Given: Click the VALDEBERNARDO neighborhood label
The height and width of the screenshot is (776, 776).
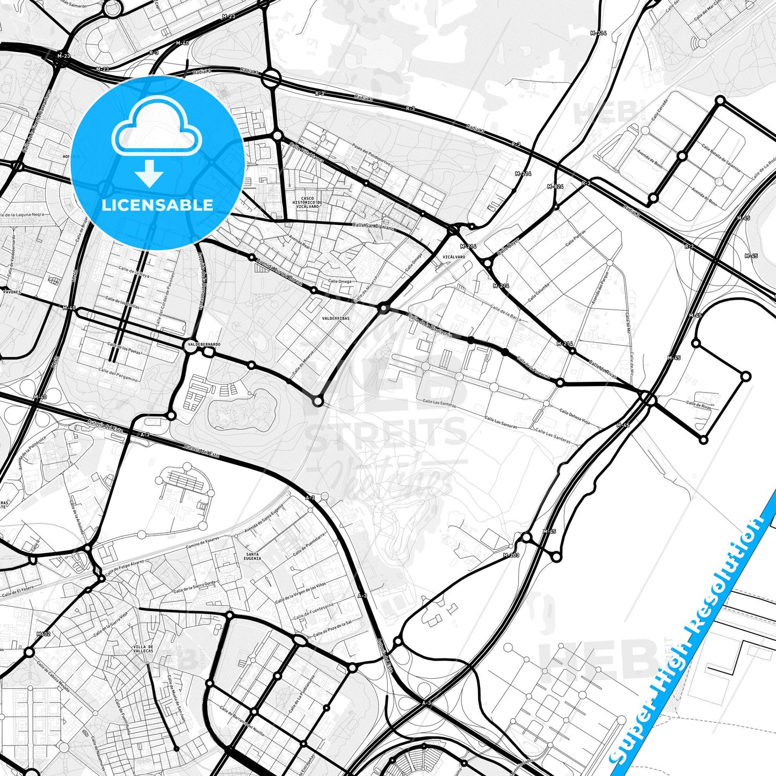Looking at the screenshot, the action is tap(204, 344).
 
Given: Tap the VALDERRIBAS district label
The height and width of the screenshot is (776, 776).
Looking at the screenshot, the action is tap(336, 318).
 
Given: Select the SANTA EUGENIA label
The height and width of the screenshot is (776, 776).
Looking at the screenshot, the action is tap(252, 556).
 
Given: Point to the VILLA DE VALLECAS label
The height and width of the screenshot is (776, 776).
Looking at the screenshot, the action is tap(143, 649).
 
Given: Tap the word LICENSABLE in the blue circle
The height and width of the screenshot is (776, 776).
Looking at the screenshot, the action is tap(157, 205).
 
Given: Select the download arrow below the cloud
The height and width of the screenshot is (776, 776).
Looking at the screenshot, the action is tap(149, 173).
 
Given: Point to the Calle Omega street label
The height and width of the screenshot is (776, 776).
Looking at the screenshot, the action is tap(340, 281).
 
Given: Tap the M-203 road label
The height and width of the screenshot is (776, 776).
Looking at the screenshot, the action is tap(511, 555).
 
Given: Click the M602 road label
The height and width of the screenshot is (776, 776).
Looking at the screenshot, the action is tap(43, 634).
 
